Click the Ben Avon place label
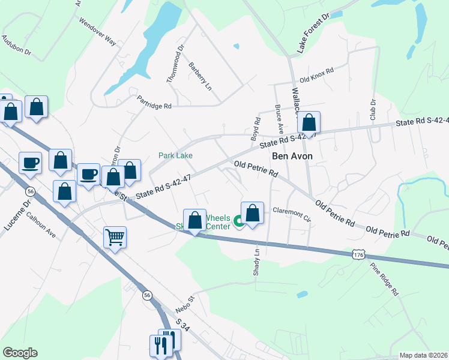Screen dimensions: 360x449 [x=293, y=155]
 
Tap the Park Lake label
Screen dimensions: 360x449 [x=175, y=155]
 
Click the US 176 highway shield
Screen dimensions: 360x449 [x=358, y=255]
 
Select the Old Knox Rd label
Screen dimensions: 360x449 [x=316, y=79]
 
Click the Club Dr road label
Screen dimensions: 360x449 [x=373, y=108]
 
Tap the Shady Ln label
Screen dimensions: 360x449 [x=256, y=262]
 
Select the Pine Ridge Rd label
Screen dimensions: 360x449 [x=384, y=280]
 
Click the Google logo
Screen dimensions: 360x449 [x=20, y=353]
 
